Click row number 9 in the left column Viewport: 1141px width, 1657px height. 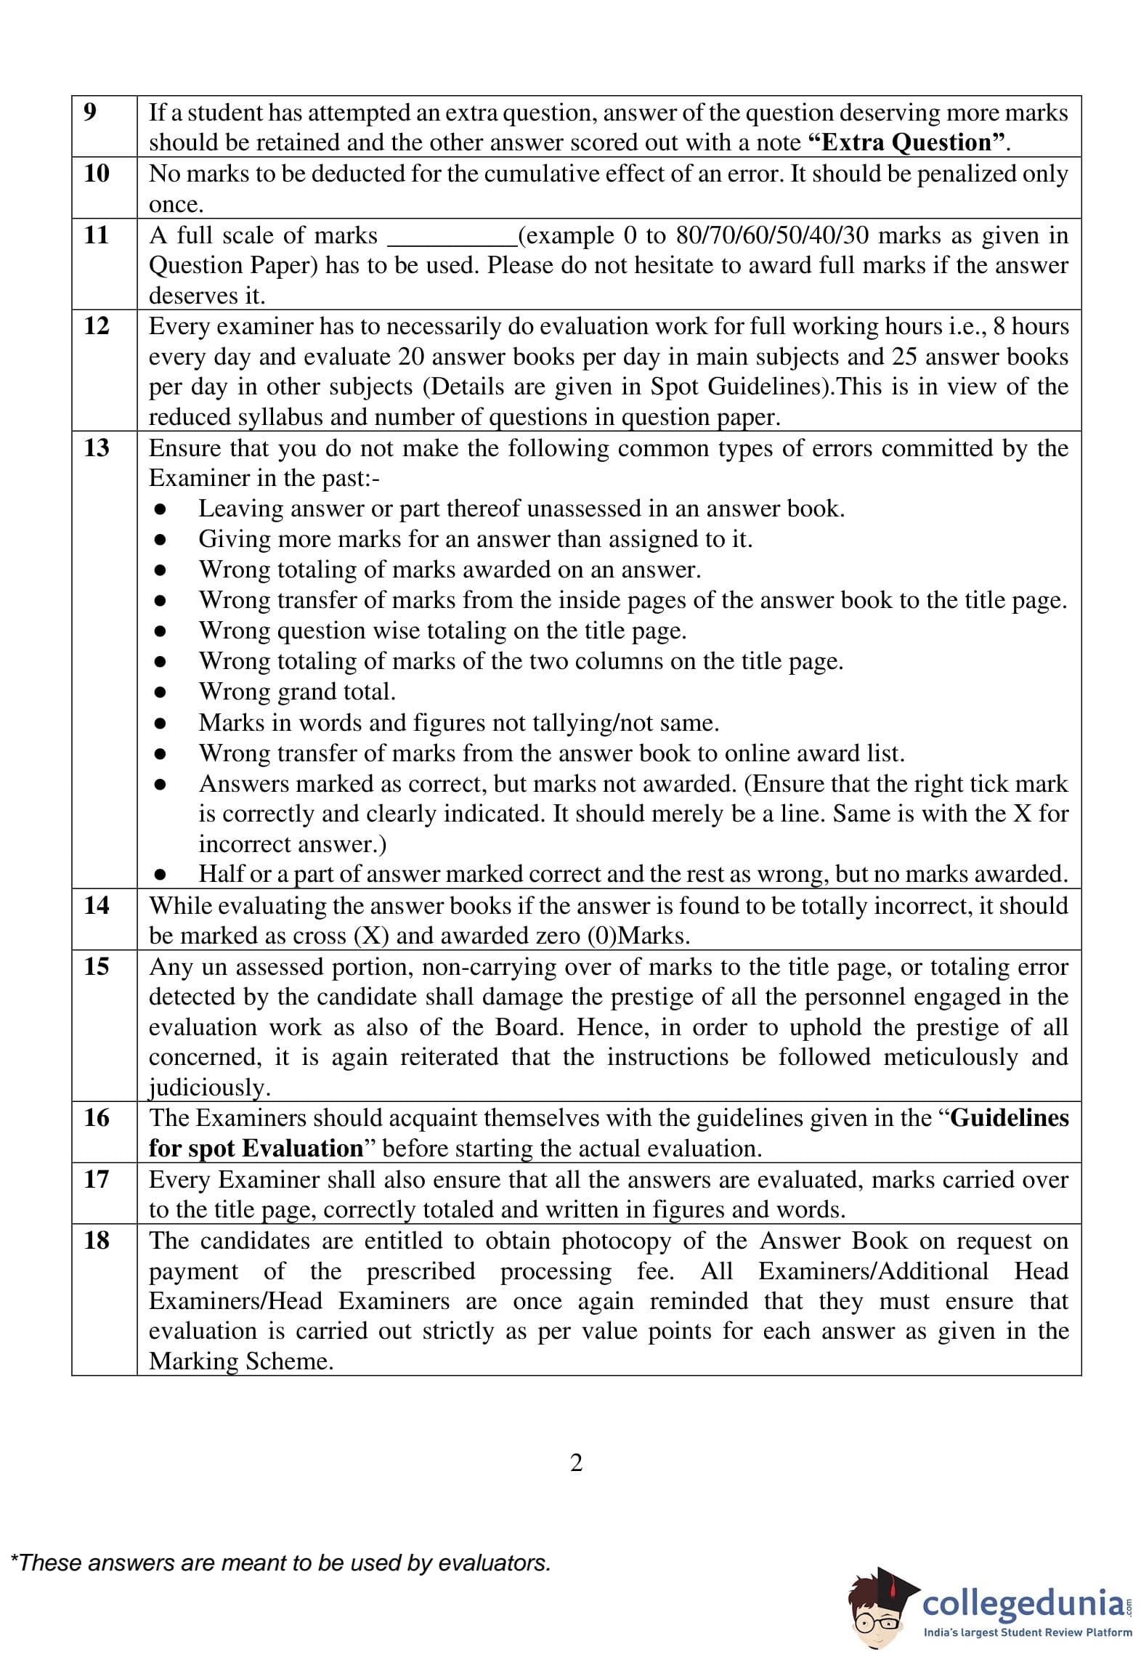pyautogui.click(x=89, y=112)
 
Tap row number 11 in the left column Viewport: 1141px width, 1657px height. pyautogui.click(x=96, y=235)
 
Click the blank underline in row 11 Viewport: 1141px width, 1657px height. pyautogui.click(x=451, y=244)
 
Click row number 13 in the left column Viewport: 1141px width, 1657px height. pyautogui.click(x=96, y=447)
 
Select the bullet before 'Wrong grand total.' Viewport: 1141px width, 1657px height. pyautogui.click(x=161, y=692)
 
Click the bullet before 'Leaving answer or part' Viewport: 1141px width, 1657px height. pyautogui.click(x=161, y=509)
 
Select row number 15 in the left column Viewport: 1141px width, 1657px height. pyautogui.click(x=96, y=966)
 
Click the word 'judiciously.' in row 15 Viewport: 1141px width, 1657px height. pyautogui.click(x=209, y=1087)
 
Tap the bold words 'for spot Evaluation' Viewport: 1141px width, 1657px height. pyautogui.click(x=256, y=1148)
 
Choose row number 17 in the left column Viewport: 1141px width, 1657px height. pyautogui.click(x=96, y=1178)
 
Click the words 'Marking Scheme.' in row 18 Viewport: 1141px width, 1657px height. pyautogui.click(x=240, y=1361)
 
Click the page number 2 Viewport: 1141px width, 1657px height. pyautogui.click(x=576, y=1462)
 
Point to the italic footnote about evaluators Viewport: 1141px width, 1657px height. pyautogui.click(x=280, y=1563)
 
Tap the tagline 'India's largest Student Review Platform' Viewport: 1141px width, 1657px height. pyautogui.click(x=1027, y=1632)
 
